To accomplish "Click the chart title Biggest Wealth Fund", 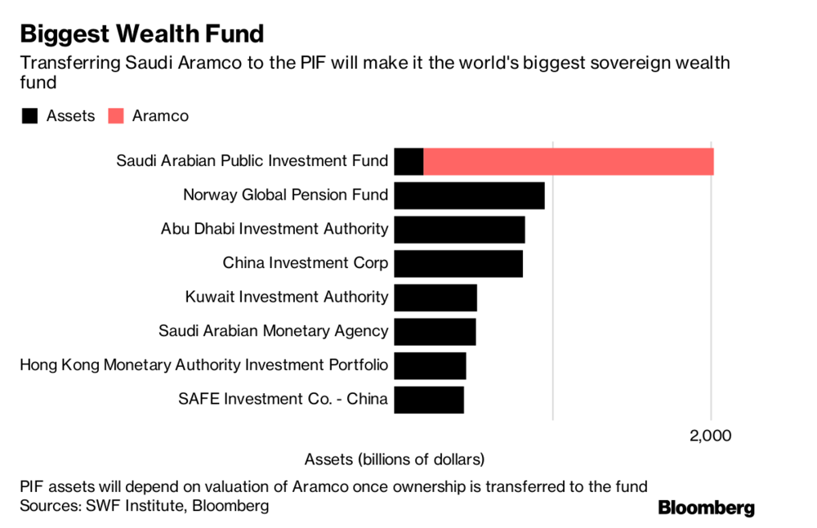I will coord(142,34).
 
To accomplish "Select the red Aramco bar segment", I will coord(568,162).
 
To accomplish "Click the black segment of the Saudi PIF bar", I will coord(408,162).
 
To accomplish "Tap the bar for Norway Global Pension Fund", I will coord(469,196).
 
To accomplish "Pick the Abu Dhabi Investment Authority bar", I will coord(459,230).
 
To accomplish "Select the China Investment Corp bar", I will coord(458,264).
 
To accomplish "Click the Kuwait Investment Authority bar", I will coord(435,298).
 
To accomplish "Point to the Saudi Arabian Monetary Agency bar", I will coord(435,332).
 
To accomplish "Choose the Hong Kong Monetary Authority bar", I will coord(430,365).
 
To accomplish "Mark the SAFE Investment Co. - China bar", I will coord(429,400).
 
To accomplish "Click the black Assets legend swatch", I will coord(30,116).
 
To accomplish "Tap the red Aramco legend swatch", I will coord(115,116).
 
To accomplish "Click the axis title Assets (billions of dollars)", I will coord(395,459).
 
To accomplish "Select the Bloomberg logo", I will coord(706,508).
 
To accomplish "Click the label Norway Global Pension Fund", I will coord(285,195).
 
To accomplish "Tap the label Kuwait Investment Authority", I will coord(286,297).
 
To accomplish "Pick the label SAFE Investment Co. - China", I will coord(283,399).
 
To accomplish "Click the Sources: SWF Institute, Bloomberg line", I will coord(145,506).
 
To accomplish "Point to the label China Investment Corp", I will coord(305,263).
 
